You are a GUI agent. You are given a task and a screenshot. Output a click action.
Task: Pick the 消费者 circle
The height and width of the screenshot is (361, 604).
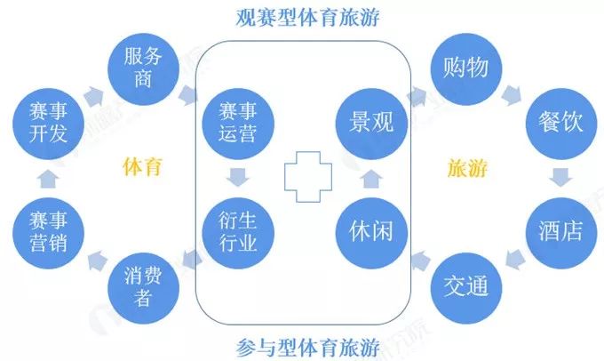coord(145,286)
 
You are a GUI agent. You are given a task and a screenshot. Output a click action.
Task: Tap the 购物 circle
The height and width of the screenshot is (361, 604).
coord(465,68)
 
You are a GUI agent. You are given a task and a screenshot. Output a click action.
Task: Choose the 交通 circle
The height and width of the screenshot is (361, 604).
coord(465,286)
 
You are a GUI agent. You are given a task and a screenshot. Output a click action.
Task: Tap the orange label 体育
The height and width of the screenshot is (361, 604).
coord(142,166)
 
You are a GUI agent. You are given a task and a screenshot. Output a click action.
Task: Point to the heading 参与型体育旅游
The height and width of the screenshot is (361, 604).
coord(304,343)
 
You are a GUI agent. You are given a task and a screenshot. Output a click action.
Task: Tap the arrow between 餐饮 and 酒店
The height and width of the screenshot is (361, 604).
coord(560,177)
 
